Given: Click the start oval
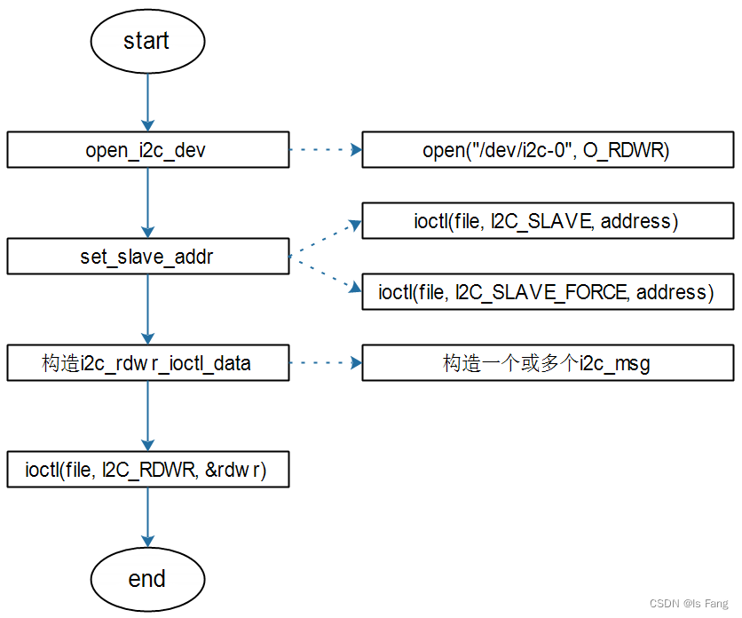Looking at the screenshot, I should coord(146,41).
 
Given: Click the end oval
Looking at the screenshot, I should coord(146,579).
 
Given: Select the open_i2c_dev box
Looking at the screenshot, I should coord(147,150).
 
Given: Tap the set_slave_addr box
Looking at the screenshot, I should coord(147,257).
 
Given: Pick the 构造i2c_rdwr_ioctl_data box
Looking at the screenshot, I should coord(147,363).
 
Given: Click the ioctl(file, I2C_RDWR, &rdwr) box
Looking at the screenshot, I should coord(147,470).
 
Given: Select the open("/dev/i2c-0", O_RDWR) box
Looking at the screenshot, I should coord(548,150).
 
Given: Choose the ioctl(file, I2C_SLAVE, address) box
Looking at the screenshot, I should coord(548,221).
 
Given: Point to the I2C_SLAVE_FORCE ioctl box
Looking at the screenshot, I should coord(548,292).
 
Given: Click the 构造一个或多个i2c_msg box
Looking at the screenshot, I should coord(548,363).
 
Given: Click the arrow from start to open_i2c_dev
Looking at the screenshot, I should coord(147,102).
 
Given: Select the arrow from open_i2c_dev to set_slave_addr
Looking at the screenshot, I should coord(147,203).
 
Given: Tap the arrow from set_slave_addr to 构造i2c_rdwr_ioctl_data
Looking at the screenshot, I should coord(147,310).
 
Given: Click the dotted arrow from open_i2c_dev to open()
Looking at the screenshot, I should coord(325,150).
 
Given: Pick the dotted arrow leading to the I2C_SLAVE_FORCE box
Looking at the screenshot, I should coord(325,274).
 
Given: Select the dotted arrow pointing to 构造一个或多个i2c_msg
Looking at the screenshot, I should coord(325,363).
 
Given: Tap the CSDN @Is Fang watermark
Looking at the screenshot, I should coord(688,604).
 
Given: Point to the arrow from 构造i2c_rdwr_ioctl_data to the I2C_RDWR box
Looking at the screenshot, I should coord(147,416).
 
